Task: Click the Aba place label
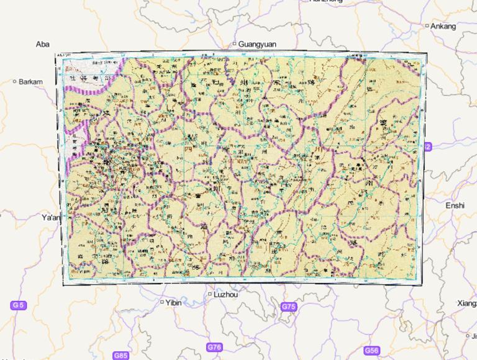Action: click(42, 44)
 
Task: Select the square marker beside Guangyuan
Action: click(234, 43)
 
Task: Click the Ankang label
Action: click(443, 26)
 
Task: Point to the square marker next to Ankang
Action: click(427, 26)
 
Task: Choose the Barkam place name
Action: click(31, 81)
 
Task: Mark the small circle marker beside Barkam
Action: click(15, 81)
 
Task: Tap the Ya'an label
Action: click(51, 218)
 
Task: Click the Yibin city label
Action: click(173, 303)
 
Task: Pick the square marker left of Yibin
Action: click(163, 302)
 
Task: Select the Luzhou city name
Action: click(225, 295)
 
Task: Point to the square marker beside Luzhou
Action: click(210, 294)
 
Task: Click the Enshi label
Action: click(455, 205)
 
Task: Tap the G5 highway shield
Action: click(19, 305)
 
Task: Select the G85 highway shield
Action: click(120, 356)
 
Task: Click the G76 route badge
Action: click(214, 347)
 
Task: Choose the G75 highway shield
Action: click(289, 307)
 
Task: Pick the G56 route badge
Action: click(371, 351)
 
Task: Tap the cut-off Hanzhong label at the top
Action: click(325, 2)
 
